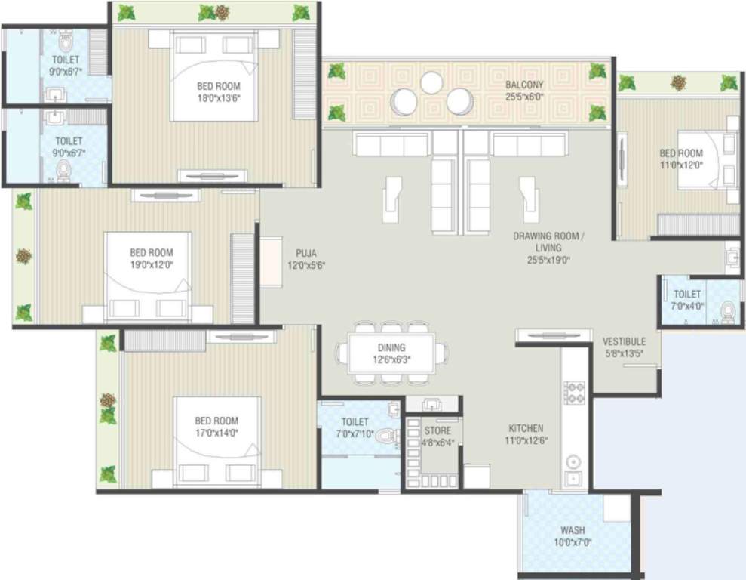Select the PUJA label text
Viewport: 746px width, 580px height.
(x=305, y=253)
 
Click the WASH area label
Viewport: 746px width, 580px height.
(x=573, y=530)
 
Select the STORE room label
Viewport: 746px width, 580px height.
(x=437, y=431)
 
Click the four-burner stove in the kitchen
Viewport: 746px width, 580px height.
(x=575, y=393)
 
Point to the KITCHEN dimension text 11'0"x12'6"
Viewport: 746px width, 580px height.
(x=525, y=441)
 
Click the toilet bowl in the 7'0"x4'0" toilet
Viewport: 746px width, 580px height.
(x=728, y=311)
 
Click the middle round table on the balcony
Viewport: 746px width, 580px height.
(x=431, y=83)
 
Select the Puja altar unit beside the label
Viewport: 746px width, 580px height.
(x=270, y=261)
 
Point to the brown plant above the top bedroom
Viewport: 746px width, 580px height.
(x=222, y=12)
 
